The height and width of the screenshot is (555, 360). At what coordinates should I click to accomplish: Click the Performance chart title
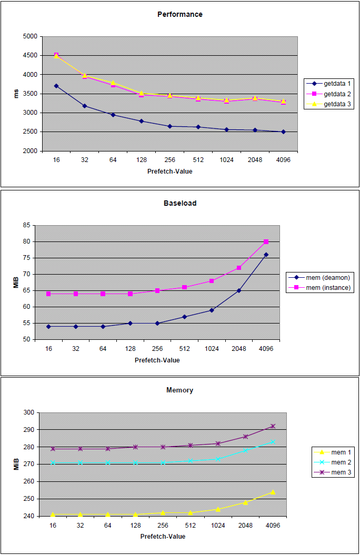pos(179,14)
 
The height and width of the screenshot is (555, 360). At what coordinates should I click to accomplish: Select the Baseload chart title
pos(179,203)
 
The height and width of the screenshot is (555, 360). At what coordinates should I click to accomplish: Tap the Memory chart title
pos(179,390)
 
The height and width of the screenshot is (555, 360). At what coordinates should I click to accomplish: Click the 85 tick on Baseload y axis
pos(26,226)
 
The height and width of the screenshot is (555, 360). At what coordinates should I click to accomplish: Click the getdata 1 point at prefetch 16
pos(56,86)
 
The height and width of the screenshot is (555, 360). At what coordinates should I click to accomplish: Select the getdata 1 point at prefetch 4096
pos(283,132)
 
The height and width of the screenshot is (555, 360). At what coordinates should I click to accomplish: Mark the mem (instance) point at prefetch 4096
pos(266,241)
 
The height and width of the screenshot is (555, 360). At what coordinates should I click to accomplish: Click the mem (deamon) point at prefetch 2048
pos(239,290)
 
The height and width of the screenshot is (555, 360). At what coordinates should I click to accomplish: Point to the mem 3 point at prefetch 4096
pos(273,426)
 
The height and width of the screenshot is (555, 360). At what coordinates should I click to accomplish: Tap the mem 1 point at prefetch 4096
pos(273,492)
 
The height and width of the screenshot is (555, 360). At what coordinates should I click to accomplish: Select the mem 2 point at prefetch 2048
pos(245,450)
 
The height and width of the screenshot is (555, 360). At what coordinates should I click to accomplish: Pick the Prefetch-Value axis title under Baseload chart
pos(157,360)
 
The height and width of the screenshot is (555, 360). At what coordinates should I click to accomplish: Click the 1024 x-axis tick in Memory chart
pos(218,525)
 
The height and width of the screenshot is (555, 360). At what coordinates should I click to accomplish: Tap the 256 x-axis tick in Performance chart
pos(169,159)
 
